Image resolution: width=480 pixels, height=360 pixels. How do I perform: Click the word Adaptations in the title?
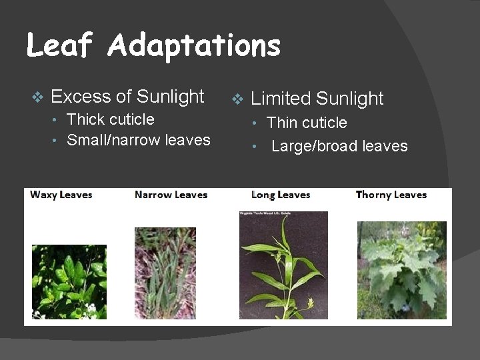pyautogui.click(x=193, y=47)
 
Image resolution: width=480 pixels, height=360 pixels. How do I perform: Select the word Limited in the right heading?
pyautogui.click(x=281, y=99)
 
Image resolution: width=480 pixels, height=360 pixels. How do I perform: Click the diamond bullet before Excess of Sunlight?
pyautogui.click(x=37, y=97)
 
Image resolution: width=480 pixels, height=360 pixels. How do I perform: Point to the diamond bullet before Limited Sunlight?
pyautogui.click(x=237, y=100)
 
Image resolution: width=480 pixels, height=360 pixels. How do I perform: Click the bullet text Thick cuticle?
pyautogui.click(x=111, y=119)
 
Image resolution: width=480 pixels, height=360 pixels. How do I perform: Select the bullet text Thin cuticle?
pyautogui.click(x=307, y=123)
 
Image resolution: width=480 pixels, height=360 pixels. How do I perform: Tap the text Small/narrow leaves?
pyautogui.click(x=139, y=140)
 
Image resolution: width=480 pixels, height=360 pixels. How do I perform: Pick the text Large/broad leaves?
pyautogui.click(x=339, y=146)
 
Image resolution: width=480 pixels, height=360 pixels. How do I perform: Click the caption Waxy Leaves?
pyautogui.click(x=61, y=195)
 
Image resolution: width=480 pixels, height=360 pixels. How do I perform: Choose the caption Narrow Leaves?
pyautogui.click(x=171, y=195)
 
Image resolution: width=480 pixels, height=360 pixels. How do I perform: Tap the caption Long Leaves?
pyautogui.click(x=281, y=195)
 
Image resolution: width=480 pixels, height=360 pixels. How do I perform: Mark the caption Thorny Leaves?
pyautogui.click(x=391, y=195)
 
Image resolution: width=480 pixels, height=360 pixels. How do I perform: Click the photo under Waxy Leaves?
pyautogui.click(x=69, y=281)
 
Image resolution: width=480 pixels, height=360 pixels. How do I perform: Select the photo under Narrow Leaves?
pyautogui.click(x=165, y=273)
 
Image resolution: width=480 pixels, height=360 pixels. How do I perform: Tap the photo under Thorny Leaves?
pyautogui.click(x=401, y=270)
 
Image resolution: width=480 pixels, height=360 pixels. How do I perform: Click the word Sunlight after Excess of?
pyautogui.click(x=171, y=97)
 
